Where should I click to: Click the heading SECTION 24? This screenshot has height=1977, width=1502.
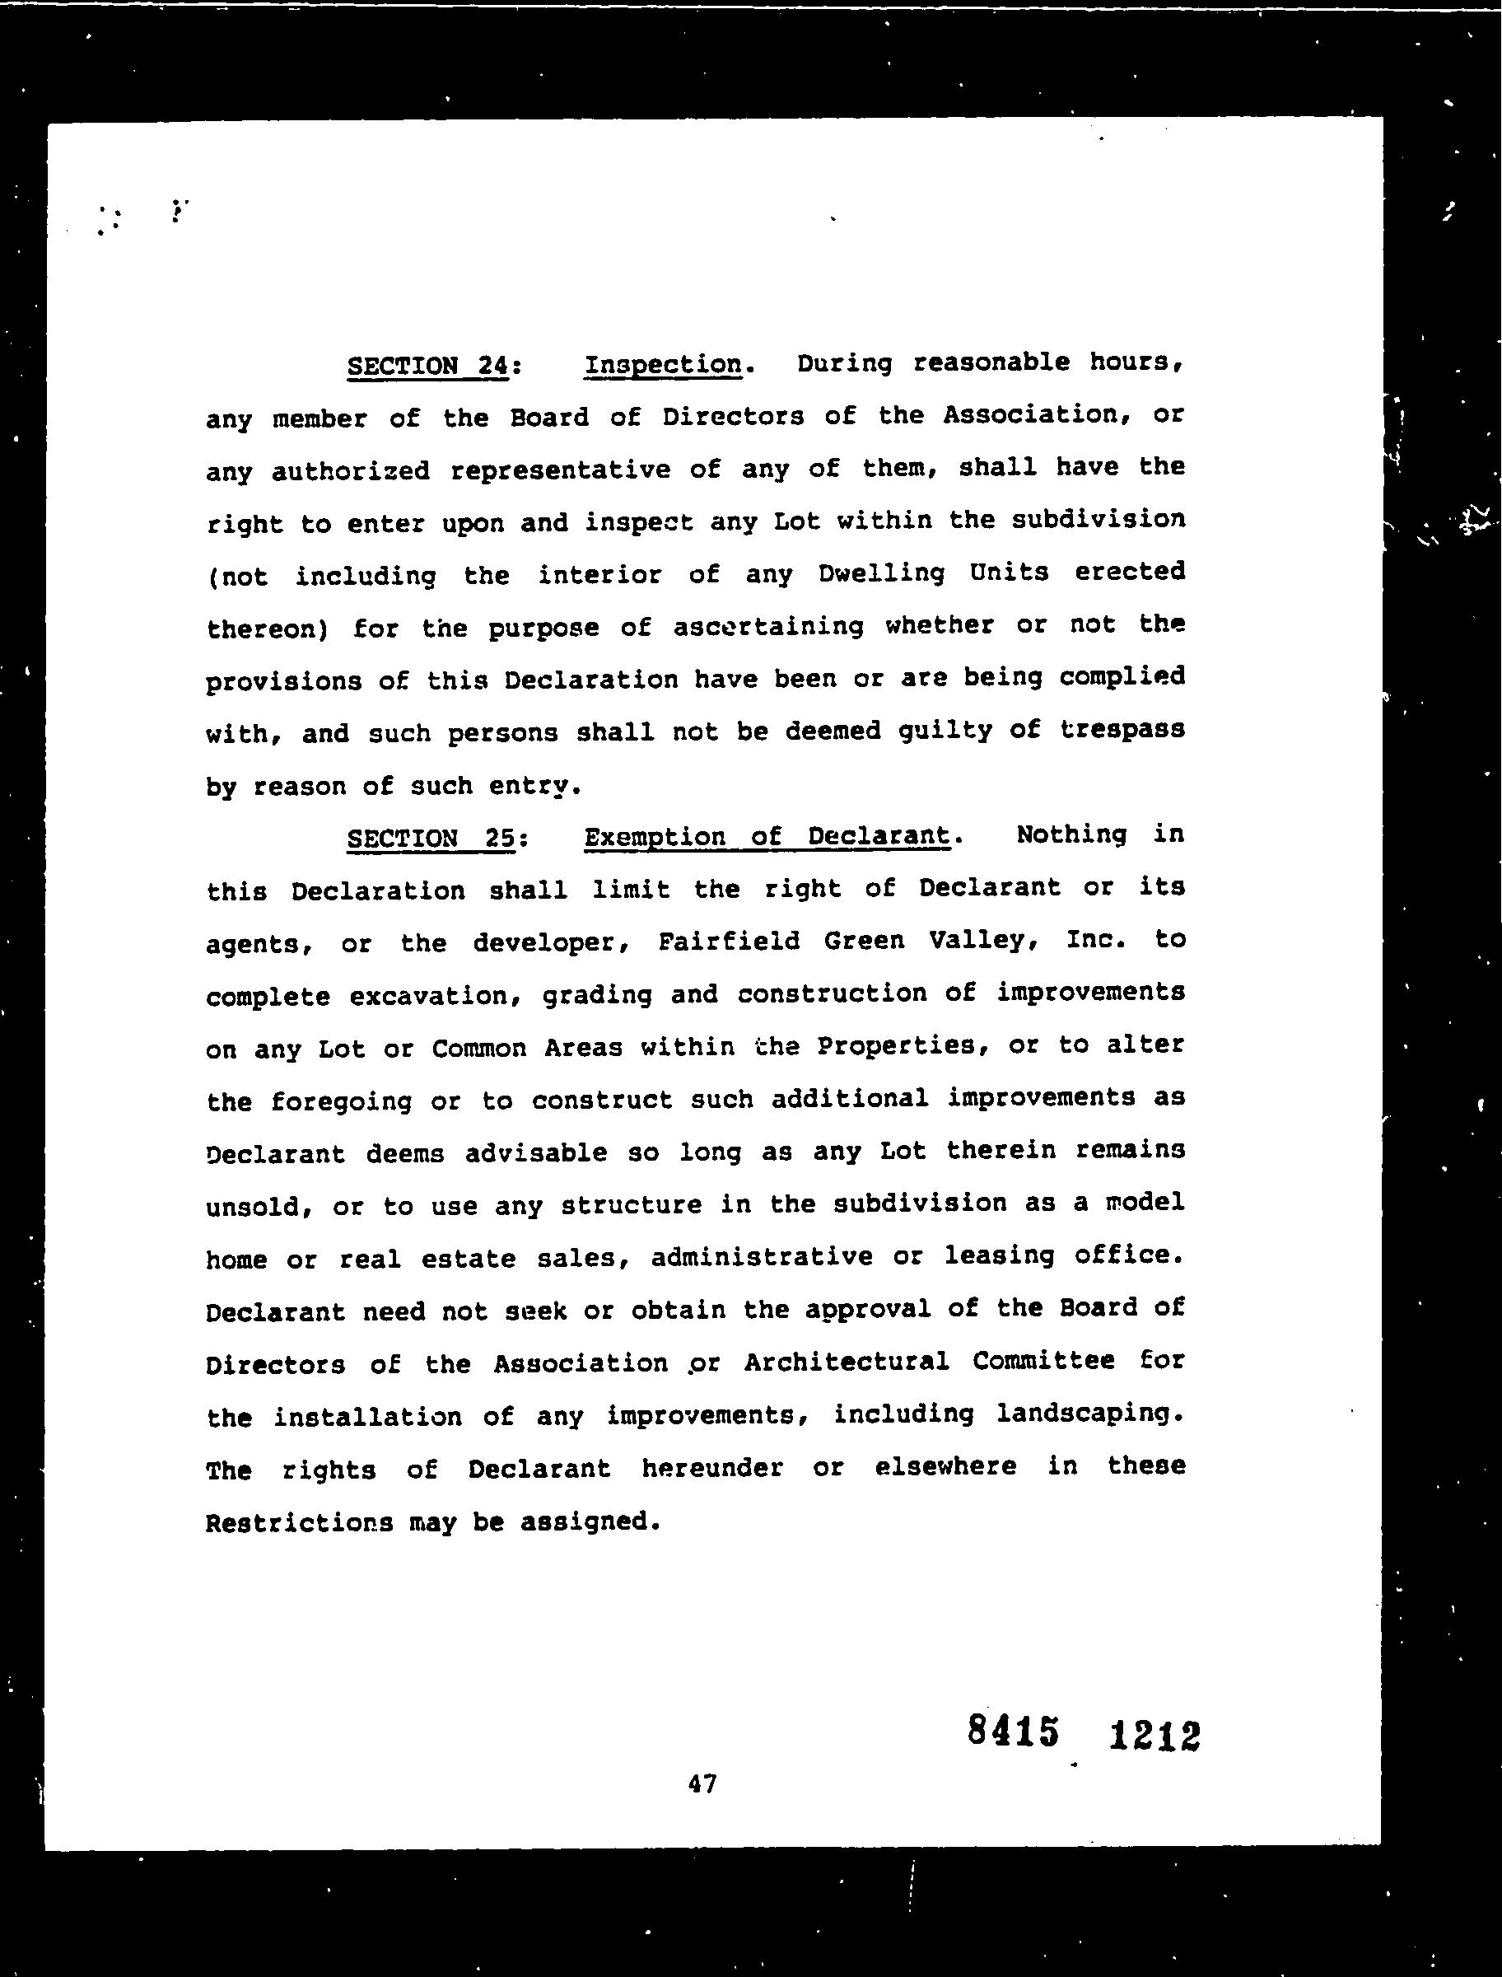[x=427, y=366]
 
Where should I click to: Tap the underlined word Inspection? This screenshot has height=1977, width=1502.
[x=663, y=365]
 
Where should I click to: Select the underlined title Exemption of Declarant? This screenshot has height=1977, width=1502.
[x=766, y=837]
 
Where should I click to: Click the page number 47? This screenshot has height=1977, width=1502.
[x=702, y=1784]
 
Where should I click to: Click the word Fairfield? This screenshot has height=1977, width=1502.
[x=729, y=941]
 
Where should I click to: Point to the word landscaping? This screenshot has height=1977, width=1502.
[x=1089, y=1414]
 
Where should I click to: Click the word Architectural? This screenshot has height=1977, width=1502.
[x=846, y=1362]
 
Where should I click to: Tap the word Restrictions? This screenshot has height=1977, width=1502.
[x=299, y=1521]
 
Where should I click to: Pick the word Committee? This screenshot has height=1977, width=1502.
[x=1043, y=1361]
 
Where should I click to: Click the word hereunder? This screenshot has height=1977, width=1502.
[x=711, y=1468]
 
